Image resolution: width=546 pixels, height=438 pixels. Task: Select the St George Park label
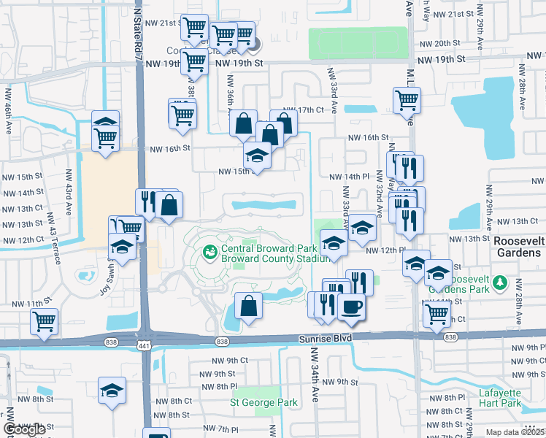(264, 402)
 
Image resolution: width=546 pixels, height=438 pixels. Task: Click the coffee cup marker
(351, 307)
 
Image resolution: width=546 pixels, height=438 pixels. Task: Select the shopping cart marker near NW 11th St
(45, 320)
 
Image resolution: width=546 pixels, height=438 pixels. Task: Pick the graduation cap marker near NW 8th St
(112, 391)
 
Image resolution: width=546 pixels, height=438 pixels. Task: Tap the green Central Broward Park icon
(210, 252)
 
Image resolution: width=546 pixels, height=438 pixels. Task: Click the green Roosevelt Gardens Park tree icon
(499, 283)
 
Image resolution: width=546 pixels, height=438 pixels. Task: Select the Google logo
(25, 430)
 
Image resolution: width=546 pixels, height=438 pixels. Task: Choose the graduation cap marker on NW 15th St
(257, 155)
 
